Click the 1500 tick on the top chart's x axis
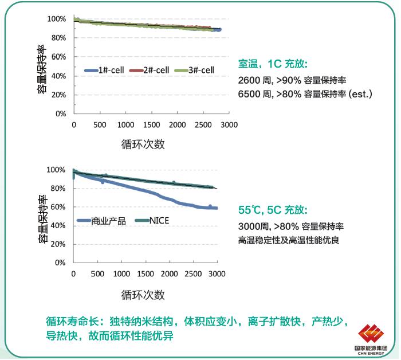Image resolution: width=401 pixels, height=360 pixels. coord(152,125)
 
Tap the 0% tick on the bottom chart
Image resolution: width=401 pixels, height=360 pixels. coord(61,263)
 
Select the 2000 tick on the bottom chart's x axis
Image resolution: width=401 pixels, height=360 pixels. coord(169,274)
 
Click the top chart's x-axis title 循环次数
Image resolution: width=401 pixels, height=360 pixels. coord(143,144)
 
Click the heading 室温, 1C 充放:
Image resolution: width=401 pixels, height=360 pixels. coord(273,65)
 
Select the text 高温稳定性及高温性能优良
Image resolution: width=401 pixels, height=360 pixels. coord(289,240)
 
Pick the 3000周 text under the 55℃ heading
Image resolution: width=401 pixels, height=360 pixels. coord(252,226)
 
